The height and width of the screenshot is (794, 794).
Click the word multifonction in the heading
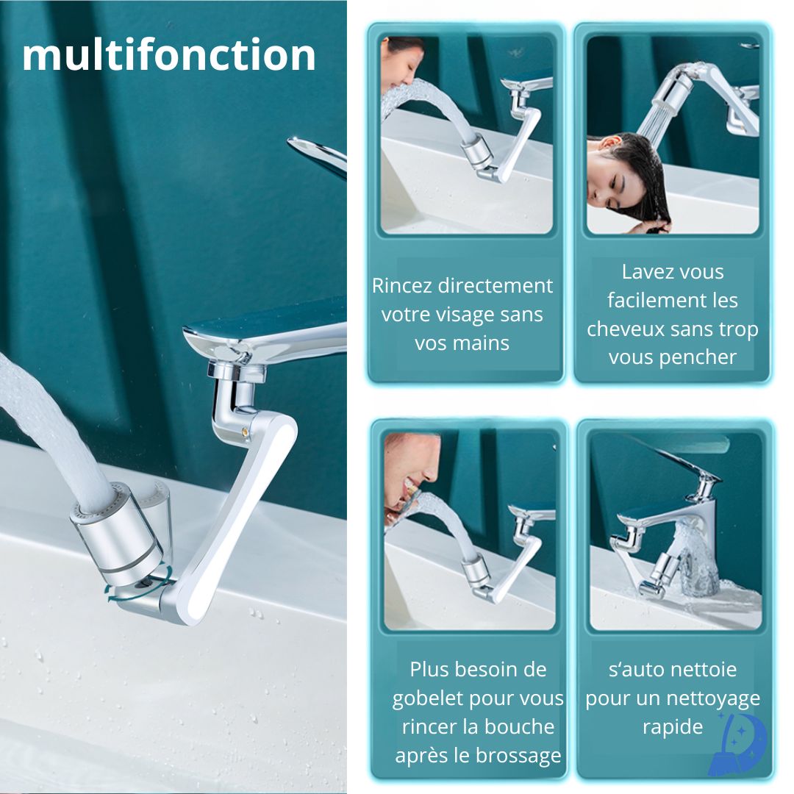click(x=169, y=56)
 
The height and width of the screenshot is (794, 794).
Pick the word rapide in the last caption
click(x=672, y=726)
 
